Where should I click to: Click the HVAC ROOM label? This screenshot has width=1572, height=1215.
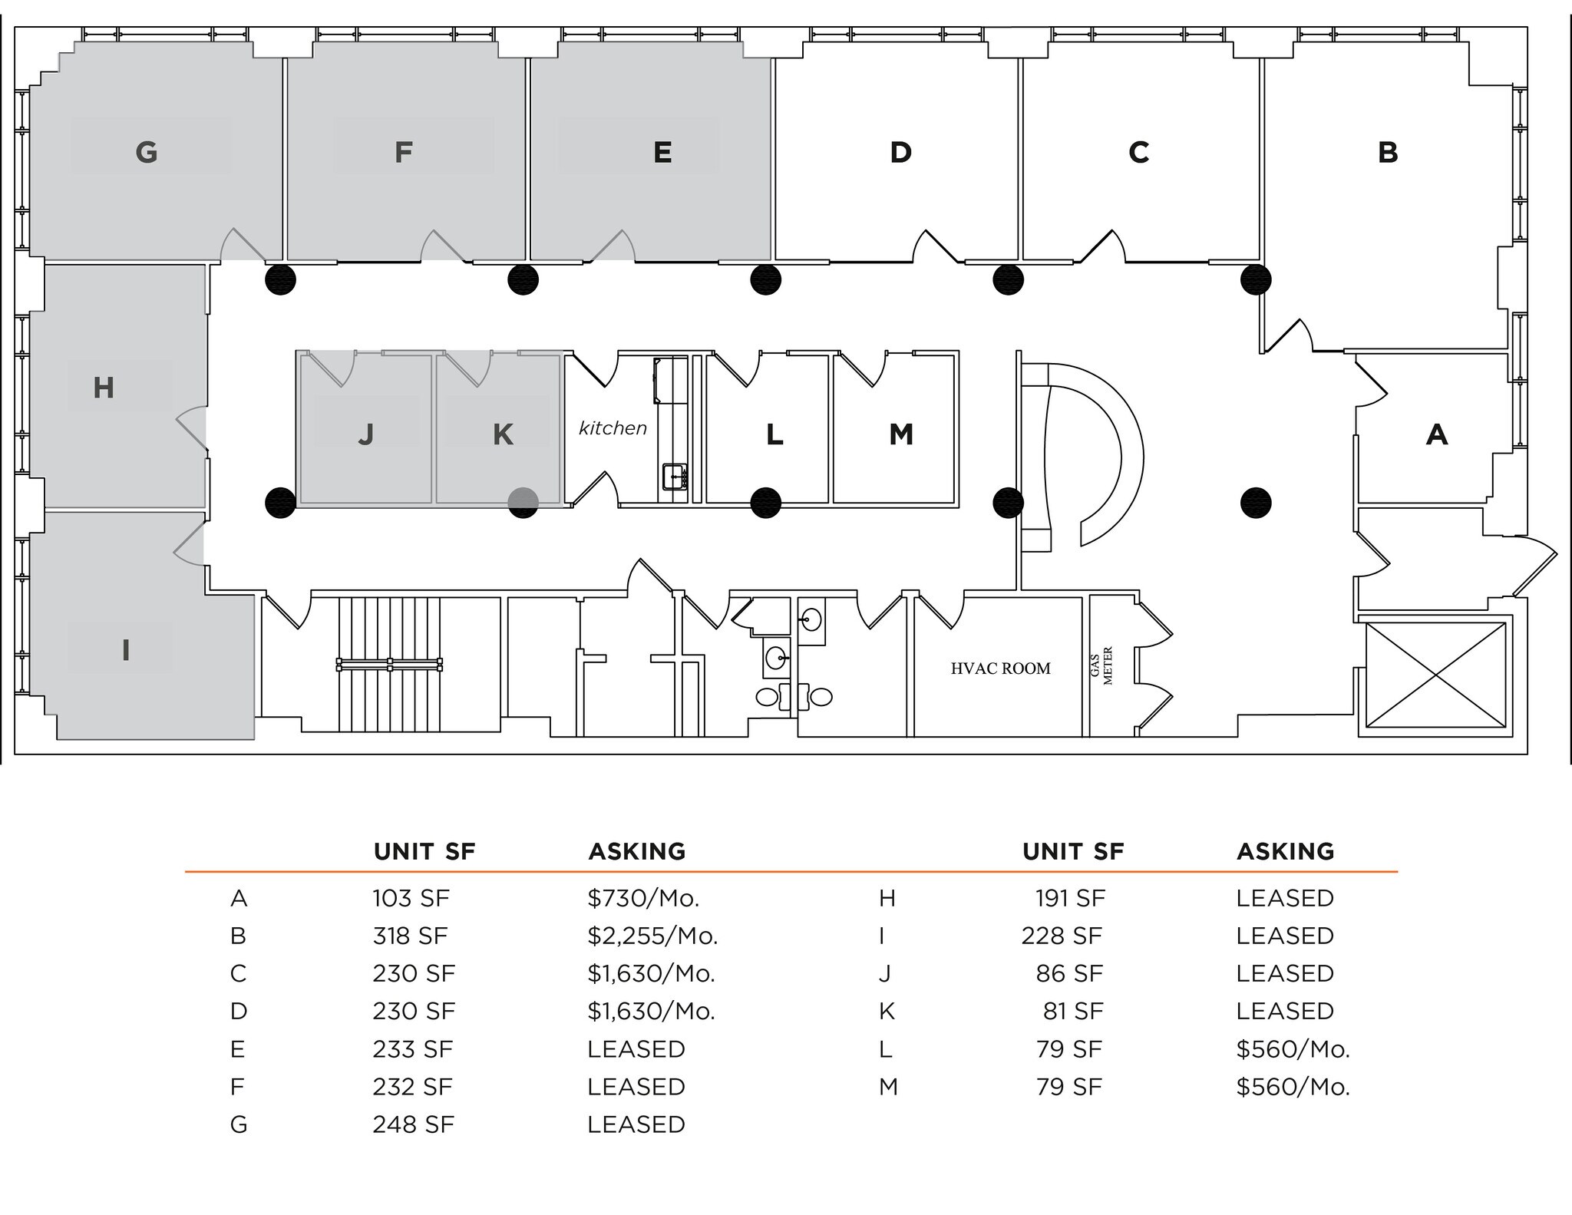[1000, 669]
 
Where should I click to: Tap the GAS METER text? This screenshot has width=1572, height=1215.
[1101, 665]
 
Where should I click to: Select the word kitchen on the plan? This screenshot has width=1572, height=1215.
[613, 428]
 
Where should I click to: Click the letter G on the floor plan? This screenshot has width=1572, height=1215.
[147, 152]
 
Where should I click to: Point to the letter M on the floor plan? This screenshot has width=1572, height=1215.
[901, 434]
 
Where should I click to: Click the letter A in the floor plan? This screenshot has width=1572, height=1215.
[1436, 434]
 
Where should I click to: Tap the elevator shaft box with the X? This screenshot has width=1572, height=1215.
[1435, 675]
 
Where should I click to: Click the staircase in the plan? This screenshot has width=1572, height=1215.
[389, 665]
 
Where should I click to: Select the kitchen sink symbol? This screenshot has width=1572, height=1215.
[675, 477]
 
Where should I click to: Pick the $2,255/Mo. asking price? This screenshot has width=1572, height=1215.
[652, 936]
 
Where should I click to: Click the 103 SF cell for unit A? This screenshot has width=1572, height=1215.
[411, 898]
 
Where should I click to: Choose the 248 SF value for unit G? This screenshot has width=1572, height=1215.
[413, 1124]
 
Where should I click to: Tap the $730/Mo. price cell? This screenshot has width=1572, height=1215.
[643, 898]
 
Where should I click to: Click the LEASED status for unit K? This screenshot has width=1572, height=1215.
[1284, 1011]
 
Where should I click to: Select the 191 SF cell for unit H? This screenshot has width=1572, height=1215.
[1070, 898]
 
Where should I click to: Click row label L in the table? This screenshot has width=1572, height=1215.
[885, 1049]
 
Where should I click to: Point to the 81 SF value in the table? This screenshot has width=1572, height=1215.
[1072, 1011]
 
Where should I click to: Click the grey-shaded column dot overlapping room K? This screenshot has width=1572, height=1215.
[523, 503]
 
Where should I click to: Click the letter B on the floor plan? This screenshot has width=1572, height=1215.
[1387, 152]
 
